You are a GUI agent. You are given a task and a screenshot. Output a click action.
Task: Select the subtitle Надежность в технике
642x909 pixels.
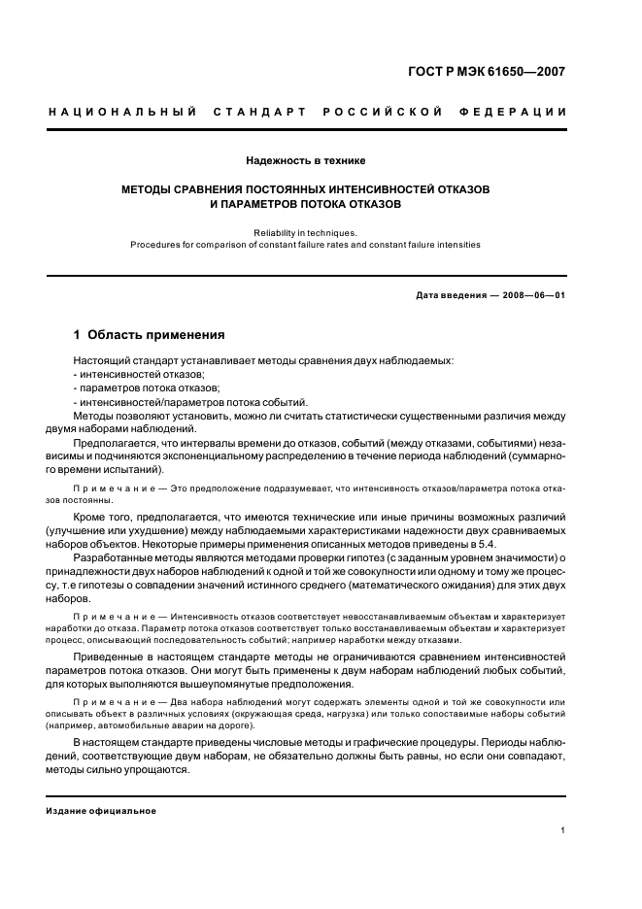pos(306,158)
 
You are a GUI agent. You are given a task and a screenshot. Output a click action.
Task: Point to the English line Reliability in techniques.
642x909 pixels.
pos(306,232)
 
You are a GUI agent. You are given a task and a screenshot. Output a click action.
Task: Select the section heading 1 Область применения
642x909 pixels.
pos(149,335)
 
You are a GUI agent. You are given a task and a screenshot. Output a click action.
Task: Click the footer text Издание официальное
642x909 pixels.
pos(101,810)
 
